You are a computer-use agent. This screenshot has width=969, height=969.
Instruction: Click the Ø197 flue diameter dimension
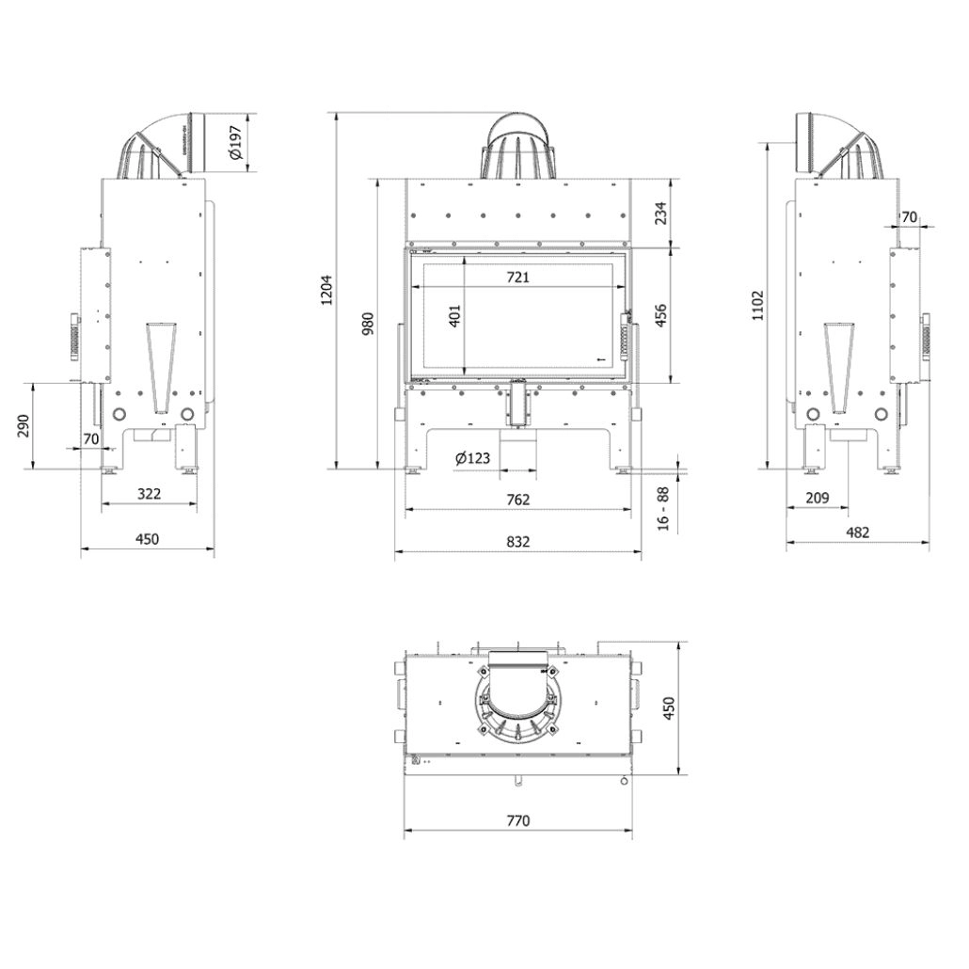tap(236, 143)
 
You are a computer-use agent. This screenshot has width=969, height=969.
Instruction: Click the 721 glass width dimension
tap(518, 277)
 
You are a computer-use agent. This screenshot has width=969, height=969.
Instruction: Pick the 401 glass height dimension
tap(455, 316)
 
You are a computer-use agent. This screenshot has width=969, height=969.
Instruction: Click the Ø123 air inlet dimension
tap(472, 458)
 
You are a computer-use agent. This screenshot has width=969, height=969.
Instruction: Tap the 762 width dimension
tap(518, 499)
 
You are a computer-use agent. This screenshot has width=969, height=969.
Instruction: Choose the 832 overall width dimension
tap(518, 541)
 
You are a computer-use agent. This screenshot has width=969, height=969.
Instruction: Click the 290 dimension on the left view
tap(24, 425)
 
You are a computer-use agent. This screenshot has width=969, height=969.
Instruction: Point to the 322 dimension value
tap(149, 493)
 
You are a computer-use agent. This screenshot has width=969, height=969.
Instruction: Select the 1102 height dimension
tap(758, 306)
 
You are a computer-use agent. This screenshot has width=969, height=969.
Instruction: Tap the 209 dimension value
tap(818, 498)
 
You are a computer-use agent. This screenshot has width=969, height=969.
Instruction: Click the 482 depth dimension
tap(857, 532)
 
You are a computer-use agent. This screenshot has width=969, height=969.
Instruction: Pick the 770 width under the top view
tap(518, 820)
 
